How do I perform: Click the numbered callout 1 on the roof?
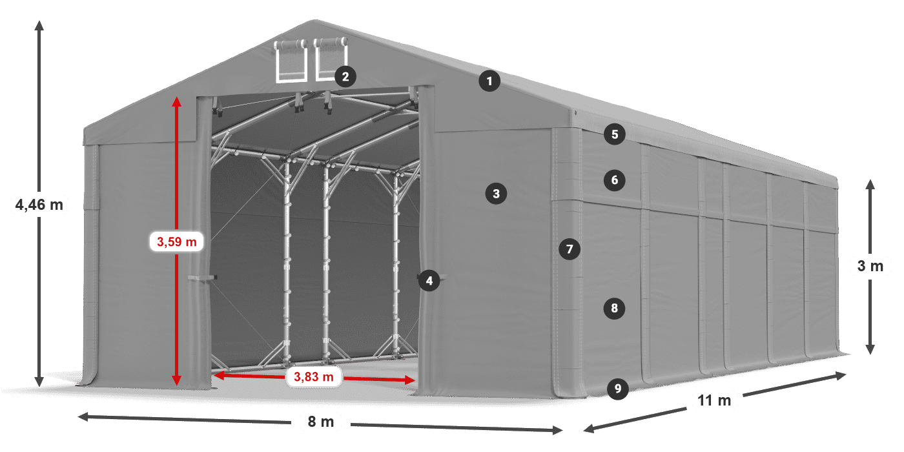[x=489, y=81]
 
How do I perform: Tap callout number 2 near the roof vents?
[x=345, y=77]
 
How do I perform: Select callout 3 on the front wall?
[x=496, y=192]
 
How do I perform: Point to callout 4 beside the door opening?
[x=429, y=280]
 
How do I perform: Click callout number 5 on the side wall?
[x=615, y=134]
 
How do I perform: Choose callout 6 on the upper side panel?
[x=615, y=180]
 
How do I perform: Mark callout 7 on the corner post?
[x=569, y=249]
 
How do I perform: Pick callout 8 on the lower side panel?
[x=615, y=309]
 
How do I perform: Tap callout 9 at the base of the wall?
[x=618, y=388]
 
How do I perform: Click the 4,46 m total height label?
[x=39, y=205]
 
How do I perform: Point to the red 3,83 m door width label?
[x=314, y=376]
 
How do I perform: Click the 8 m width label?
[x=320, y=422]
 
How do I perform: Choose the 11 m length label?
[x=714, y=400]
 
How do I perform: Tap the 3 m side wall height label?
[x=870, y=266]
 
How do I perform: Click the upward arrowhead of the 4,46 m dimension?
[x=39, y=26]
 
